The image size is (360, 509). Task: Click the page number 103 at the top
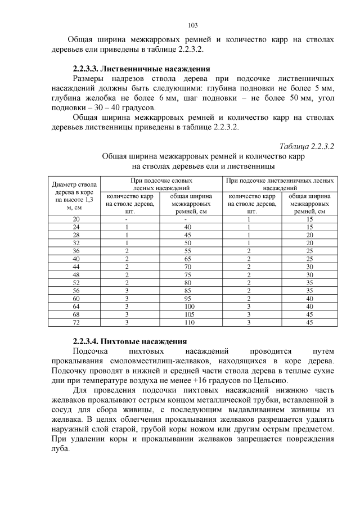192,25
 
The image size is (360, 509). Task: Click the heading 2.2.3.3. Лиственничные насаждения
141,69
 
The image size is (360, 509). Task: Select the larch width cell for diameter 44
309,267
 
